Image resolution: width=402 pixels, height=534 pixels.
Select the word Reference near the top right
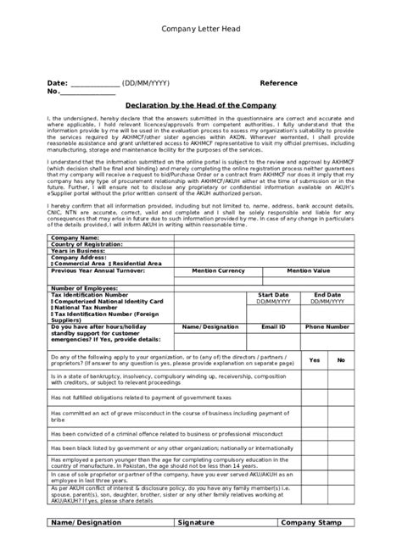(x=279, y=84)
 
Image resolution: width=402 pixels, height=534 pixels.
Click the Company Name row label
(x=75, y=238)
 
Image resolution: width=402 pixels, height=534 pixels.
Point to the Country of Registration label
(x=88, y=244)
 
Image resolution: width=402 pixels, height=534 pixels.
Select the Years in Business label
(x=77, y=251)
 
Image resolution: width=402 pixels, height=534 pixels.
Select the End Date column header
(x=327, y=295)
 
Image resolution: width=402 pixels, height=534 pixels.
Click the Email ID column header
(x=273, y=325)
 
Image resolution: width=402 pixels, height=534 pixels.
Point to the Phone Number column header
(x=327, y=325)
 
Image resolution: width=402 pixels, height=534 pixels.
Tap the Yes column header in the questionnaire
(x=315, y=360)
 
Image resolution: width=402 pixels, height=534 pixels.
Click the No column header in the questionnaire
(x=340, y=360)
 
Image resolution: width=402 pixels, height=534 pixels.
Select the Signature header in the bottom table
(x=197, y=524)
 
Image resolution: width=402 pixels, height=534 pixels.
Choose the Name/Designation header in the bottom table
(x=87, y=524)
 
